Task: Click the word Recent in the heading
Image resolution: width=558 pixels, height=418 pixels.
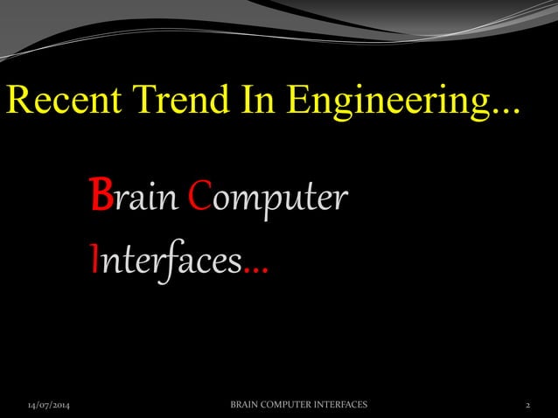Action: tap(58, 102)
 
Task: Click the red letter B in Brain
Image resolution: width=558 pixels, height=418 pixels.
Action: tap(100, 198)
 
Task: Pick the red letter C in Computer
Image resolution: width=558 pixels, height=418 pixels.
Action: tap(198, 198)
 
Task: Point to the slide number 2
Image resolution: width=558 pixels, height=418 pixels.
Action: tap(528, 406)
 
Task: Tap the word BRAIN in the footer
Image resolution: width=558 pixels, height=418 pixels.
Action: tap(246, 405)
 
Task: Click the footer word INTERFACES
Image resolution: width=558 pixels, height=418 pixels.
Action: tap(345, 405)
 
